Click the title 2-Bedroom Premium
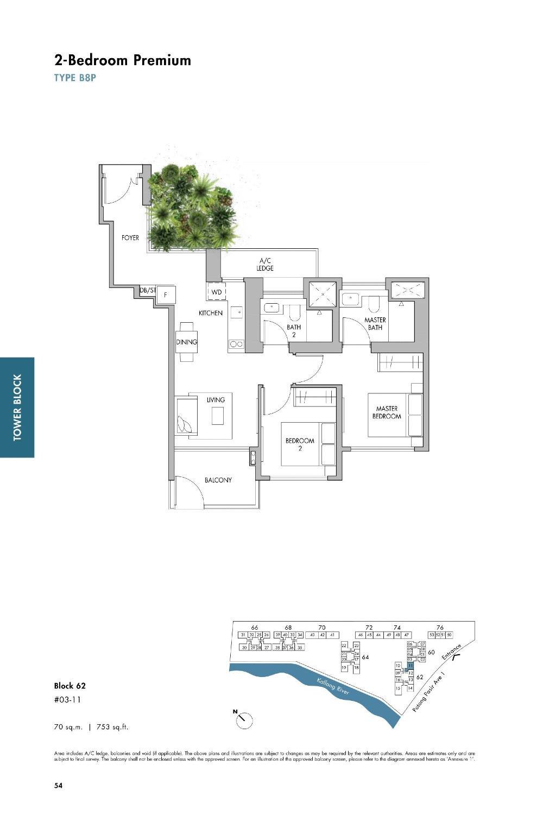[122, 60]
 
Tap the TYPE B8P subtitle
[75, 78]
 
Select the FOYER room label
[130, 238]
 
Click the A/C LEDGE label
[265, 265]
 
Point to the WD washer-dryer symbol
[217, 292]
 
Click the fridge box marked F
[166, 294]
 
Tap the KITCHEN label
[210, 313]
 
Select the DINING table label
[186, 342]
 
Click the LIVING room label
[216, 400]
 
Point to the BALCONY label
[218, 480]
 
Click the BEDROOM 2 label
[300, 444]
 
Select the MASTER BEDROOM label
[387, 412]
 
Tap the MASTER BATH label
[375, 324]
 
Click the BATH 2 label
[294, 331]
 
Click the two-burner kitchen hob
[236, 344]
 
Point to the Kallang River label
[333, 686]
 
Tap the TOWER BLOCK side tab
[17, 407]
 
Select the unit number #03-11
[67, 700]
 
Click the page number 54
[58, 785]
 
